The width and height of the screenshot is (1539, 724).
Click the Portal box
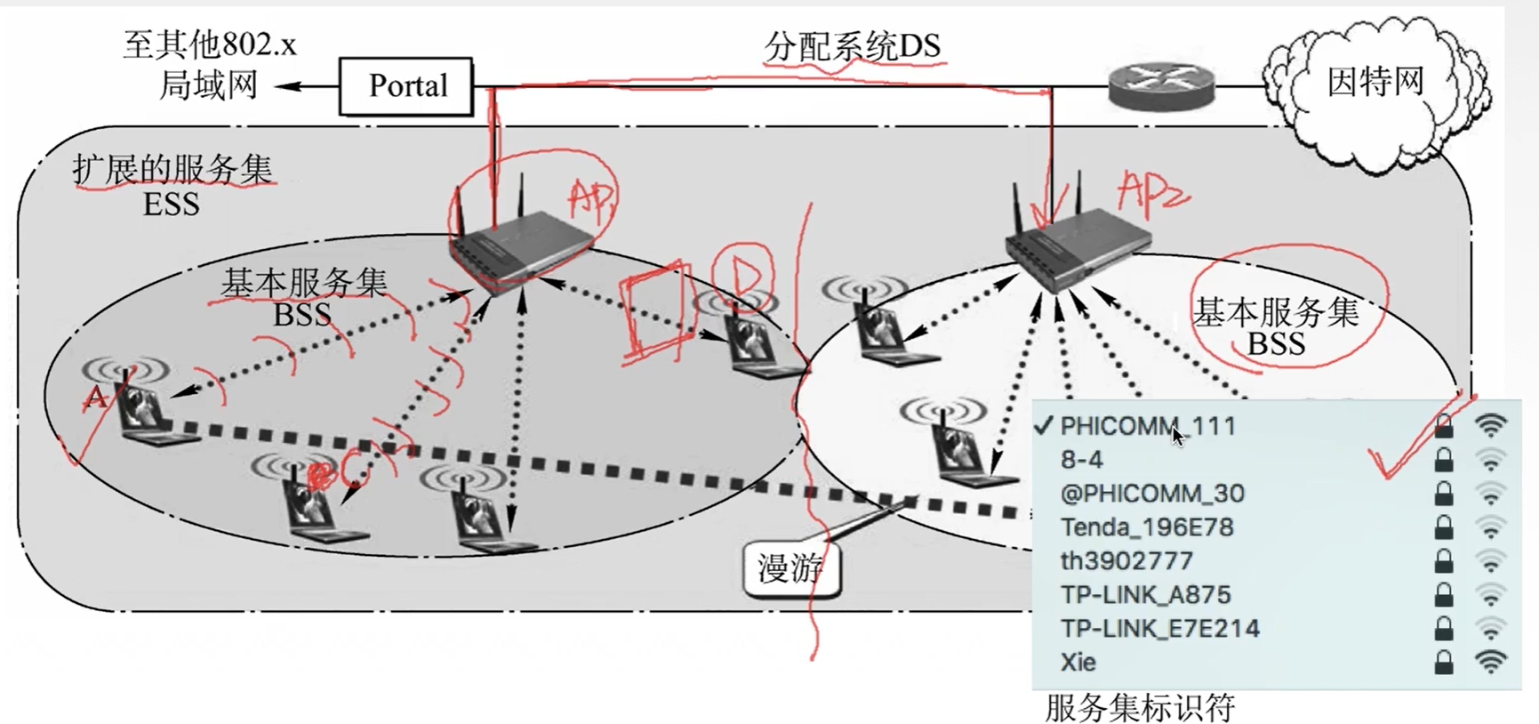(406, 86)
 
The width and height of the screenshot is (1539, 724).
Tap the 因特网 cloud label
(1375, 82)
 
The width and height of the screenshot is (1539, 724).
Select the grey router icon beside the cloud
(1161, 86)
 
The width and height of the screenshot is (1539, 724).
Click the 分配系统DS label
(852, 45)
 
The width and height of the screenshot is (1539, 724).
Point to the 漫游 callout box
(790, 568)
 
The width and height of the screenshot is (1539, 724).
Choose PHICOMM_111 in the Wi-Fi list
(1148, 426)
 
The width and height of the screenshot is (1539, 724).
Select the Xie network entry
(1078, 663)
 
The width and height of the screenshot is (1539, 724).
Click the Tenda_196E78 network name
(1147, 527)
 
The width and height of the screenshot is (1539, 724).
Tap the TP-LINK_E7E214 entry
(1159, 629)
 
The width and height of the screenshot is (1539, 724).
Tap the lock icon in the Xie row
(1444, 663)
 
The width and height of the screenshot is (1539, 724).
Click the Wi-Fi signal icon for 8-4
(1491, 460)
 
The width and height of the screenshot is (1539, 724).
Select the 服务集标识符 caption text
(1140, 708)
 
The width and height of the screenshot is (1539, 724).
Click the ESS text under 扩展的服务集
(171, 205)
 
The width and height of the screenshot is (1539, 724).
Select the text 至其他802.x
(210, 44)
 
